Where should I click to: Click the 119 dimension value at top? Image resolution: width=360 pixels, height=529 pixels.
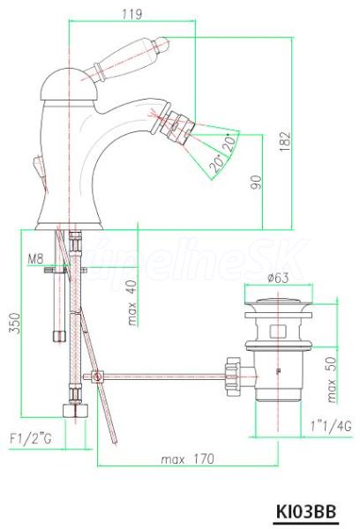(131, 14)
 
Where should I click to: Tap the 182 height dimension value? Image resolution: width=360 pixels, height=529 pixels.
(285, 141)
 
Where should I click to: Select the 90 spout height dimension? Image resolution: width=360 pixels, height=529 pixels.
(256, 183)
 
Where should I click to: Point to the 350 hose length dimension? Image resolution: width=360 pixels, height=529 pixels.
(14, 324)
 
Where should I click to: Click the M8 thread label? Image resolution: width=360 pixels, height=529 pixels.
(35, 259)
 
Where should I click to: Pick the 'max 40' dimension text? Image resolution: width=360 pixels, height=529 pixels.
(132, 303)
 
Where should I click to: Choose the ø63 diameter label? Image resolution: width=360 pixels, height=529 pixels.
(278, 278)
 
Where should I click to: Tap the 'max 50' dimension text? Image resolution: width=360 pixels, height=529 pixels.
(332, 379)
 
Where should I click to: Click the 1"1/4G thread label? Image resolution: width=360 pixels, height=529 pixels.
(331, 426)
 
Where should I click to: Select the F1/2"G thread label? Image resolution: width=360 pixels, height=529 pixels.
(30, 439)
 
